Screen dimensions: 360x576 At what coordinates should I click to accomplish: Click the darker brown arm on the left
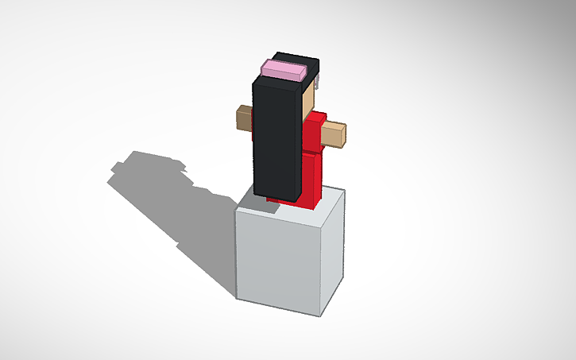tap(243, 119)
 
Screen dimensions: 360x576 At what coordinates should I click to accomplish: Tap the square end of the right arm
tap(342, 135)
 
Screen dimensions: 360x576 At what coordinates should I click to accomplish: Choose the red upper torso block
tap(315, 131)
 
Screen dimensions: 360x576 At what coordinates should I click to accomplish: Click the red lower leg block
tap(312, 179)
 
